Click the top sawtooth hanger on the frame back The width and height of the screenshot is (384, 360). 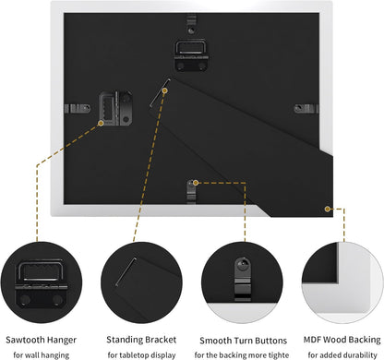click(x=191, y=55)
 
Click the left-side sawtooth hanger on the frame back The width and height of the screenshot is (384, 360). click(x=115, y=108)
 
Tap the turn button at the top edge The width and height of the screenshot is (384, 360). click(x=191, y=25)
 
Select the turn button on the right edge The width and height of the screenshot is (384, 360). click(x=306, y=109)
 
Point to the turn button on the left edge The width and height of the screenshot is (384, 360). click(x=78, y=108)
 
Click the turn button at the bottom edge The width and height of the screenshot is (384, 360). click(x=191, y=192)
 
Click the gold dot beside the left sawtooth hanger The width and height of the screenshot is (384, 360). click(x=101, y=123)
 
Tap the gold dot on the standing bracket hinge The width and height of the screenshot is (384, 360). click(x=165, y=90)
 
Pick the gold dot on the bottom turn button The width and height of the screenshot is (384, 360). click(x=196, y=183)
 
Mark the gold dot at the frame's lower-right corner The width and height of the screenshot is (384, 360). click(x=328, y=209)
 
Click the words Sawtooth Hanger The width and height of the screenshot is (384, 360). click(x=41, y=340)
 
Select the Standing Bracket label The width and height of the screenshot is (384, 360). click(x=141, y=340)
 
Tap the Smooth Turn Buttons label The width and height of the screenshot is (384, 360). click(x=243, y=341)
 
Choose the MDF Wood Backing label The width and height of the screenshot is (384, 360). click(x=342, y=340)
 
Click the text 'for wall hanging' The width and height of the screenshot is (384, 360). click(x=42, y=355)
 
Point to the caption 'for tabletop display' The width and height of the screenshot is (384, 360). click(x=141, y=355)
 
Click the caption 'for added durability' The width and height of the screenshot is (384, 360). click(x=342, y=354)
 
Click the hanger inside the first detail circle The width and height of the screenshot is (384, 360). click(x=42, y=283)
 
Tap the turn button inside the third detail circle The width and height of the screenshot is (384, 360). click(x=243, y=280)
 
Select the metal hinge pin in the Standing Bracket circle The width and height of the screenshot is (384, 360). click(x=126, y=271)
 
